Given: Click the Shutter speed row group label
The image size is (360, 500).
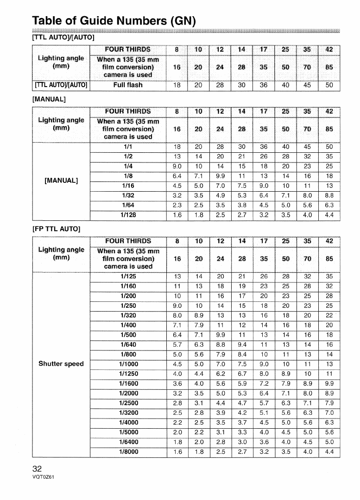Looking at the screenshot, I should (62, 363).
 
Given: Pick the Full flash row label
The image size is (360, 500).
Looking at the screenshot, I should (128, 85).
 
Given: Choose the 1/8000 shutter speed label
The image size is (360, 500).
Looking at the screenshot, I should (128, 451).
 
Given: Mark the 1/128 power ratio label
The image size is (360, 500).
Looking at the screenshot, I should (128, 214).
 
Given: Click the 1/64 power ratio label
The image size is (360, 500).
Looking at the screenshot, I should (128, 205).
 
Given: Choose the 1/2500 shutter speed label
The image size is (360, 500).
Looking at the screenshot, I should (128, 402).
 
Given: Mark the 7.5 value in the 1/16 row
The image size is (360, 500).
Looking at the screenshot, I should (241, 185).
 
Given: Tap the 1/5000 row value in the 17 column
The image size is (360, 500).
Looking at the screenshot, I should (263, 431).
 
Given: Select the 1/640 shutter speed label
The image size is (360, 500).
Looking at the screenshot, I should (128, 344).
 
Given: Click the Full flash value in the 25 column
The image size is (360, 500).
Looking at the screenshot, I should (285, 85).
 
